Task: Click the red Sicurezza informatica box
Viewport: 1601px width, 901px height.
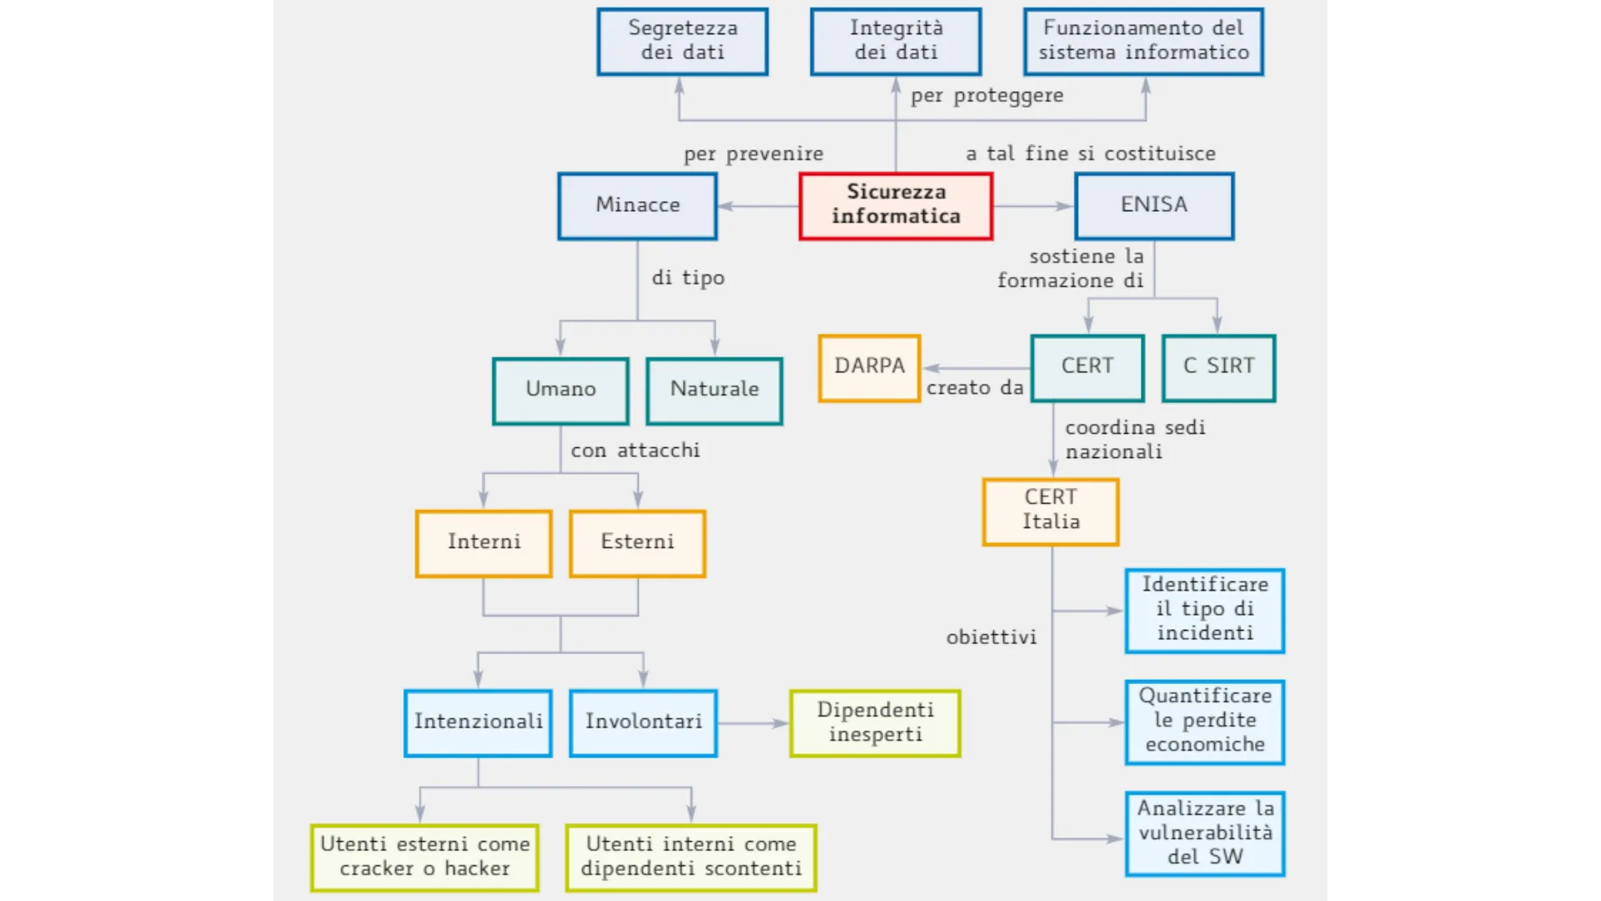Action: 896,205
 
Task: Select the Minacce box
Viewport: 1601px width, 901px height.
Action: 637,205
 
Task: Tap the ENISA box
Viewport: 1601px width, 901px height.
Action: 1154,205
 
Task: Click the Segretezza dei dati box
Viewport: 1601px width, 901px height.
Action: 682,41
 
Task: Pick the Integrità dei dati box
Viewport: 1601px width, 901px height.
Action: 896,41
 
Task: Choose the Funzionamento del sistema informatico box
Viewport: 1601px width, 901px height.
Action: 1143,41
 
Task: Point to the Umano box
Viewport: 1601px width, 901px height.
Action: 560,390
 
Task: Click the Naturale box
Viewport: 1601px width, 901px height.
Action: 715,390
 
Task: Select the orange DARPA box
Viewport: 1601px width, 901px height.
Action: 869,367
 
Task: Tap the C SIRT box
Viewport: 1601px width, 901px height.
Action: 1218,367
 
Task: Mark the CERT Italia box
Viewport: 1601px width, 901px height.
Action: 1051,511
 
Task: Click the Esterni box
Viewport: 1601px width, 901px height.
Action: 637,543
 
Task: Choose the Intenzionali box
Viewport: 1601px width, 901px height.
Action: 478,722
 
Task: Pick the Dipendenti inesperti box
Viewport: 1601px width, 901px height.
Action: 875,722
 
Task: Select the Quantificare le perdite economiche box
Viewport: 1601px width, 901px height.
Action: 1204,722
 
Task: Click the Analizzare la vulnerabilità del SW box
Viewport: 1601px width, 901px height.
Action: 1204,833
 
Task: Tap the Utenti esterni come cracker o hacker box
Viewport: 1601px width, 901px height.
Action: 424,857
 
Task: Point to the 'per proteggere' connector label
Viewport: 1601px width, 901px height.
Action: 986,96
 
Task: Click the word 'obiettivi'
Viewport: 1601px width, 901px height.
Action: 991,637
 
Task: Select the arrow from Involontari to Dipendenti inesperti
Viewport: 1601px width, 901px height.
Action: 753,723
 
